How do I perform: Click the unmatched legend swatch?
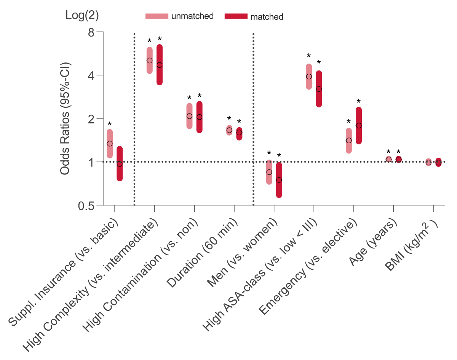coord(157,16)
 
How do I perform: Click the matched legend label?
coord(267,17)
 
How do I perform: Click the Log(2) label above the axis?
coord(82,15)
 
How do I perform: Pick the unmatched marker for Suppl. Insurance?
coord(110,144)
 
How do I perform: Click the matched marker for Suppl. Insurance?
coord(120,164)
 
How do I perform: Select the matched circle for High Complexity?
coord(160,65)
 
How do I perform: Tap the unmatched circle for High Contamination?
coord(189,116)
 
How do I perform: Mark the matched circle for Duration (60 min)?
coord(239,133)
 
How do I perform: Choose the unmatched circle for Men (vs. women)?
coord(269,172)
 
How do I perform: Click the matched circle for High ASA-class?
coord(319,89)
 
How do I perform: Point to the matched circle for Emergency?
coord(358,125)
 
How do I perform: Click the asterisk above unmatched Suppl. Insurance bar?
coord(110,125)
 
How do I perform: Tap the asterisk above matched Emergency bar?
coord(358,102)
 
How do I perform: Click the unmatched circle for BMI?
coord(428,163)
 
